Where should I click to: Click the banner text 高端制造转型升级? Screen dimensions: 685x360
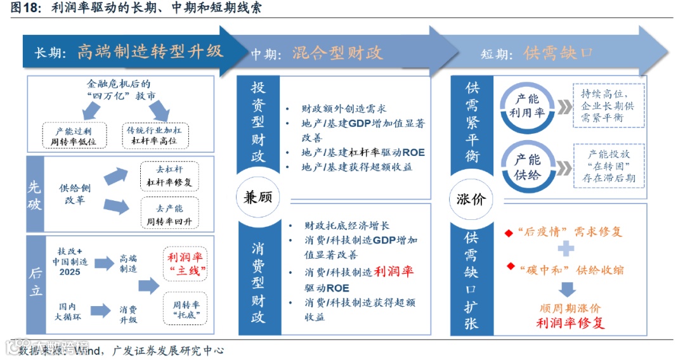click(x=150, y=51)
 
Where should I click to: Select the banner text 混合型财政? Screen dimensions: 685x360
click(x=337, y=53)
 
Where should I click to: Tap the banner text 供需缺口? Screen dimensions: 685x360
click(x=558, y=53)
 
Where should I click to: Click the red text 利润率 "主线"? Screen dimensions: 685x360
click(x=186, y=264)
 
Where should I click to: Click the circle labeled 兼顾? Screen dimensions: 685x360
click(x=258, y=198)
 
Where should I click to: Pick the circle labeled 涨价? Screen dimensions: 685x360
click(x=471, y=198)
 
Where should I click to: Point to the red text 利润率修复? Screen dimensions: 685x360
click(x=570, y=323)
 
